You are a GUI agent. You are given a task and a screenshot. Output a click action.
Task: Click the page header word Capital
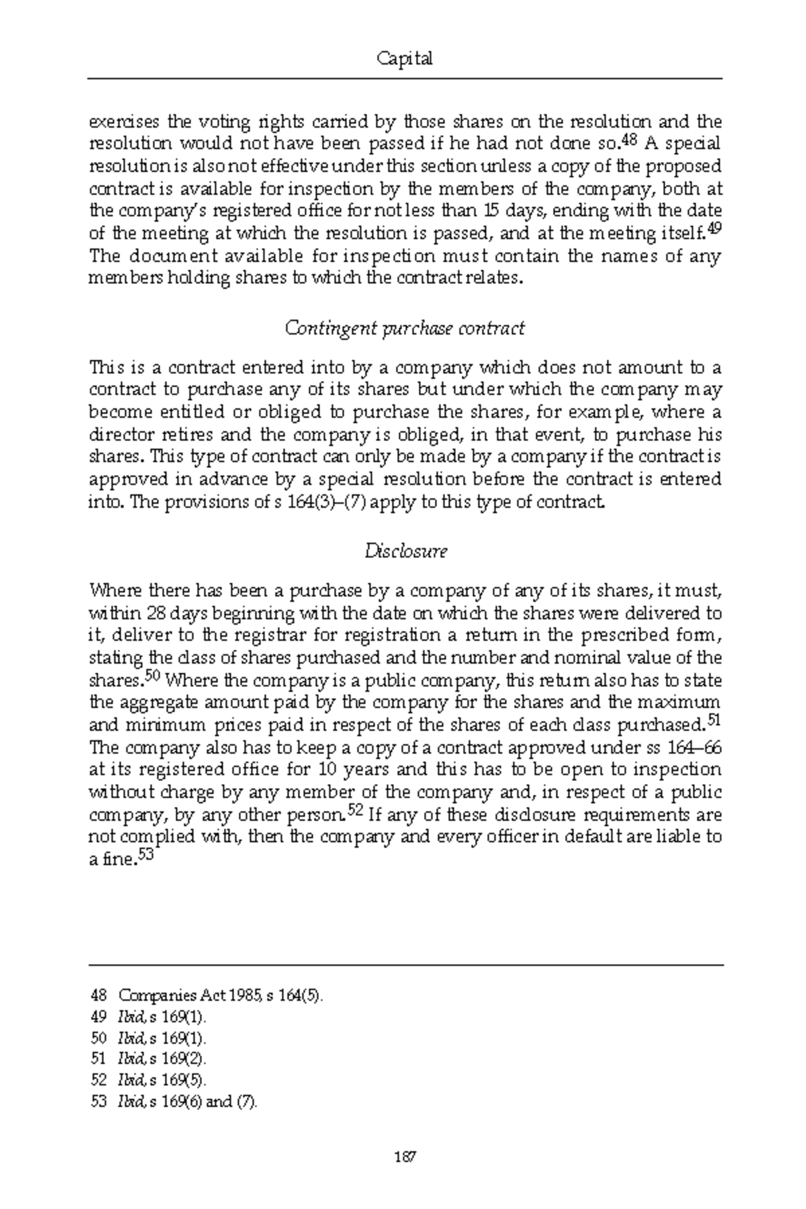tap(404, 59)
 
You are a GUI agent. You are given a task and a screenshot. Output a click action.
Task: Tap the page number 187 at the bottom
tap(404, 1157)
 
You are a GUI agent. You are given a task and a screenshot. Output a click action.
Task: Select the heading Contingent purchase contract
tap(404, 328)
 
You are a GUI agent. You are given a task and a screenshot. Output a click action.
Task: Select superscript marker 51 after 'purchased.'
tap(714, 721)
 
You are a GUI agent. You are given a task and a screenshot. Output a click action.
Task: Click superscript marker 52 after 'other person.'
tap(356, 811)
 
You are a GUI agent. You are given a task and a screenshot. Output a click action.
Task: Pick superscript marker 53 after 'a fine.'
tap(146, 856)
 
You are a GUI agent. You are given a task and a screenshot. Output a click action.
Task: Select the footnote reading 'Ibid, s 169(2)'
tap(161, 1059)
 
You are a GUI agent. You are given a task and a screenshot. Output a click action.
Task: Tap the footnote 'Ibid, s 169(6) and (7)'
tap(187, 1102)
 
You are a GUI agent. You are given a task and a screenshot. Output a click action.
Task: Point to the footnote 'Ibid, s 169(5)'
tap(161, 1081)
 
